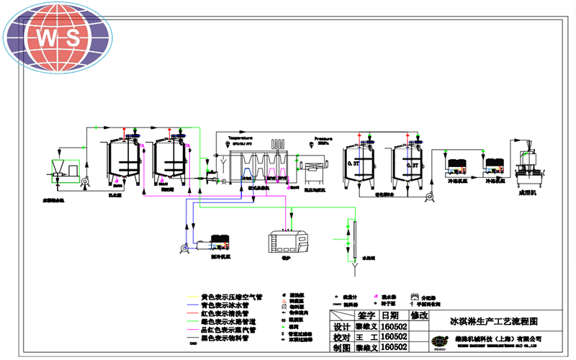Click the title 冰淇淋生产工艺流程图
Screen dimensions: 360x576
[x=493, y=321]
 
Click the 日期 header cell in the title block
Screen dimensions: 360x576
[x=390, y=315]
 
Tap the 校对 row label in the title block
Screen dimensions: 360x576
[x=341, y=336]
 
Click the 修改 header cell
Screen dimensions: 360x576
[x=418, y=315]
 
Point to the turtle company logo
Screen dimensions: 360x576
[x=440, y=341]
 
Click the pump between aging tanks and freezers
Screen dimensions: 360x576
[x=426, y=196]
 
